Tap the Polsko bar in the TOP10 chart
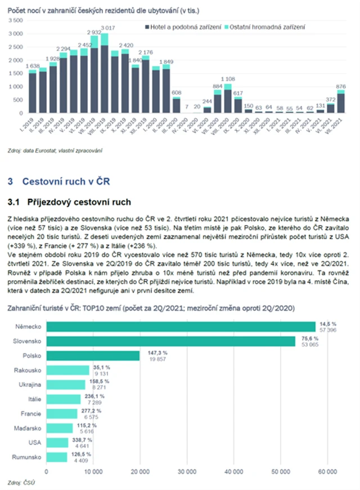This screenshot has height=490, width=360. click(x=93, y=356)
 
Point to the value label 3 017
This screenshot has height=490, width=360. click(x=109, y=28)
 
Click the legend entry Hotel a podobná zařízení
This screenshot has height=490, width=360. click(x=181, y=27)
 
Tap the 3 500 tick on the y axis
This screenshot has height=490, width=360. click(x=16, y=20)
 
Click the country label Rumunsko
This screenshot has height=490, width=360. click(x=28, y=456)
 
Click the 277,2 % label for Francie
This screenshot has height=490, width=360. click(x=86, y=410)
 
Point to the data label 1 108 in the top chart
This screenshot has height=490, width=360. click(x=228, y=79)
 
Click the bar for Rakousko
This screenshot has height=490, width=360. click(x=68, y=370)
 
